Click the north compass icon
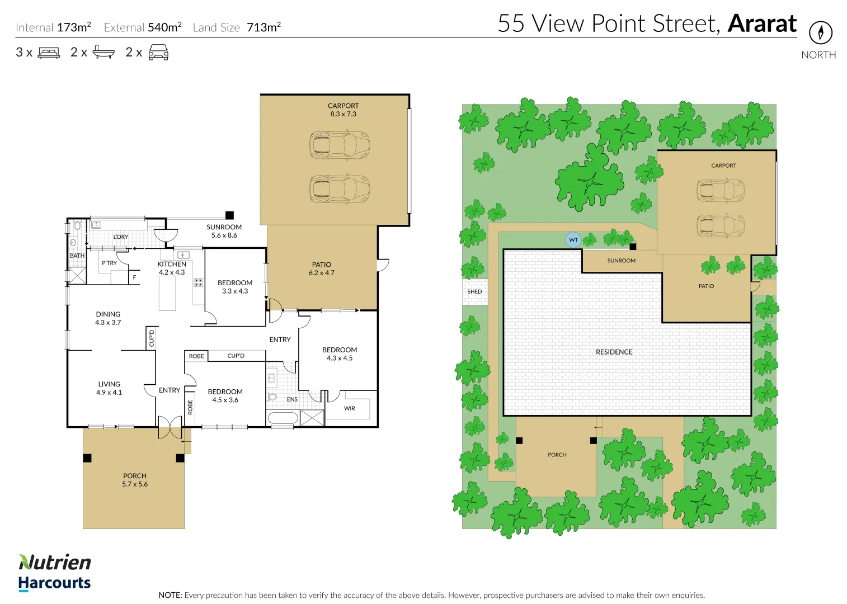pyautogui.click(x=820, y=32)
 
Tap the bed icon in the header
pyautogui.click(x=49, y=53)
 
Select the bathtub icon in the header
pyautogui.click(x=103, y=53)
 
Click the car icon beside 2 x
pyautogui.click(x=158, y=53)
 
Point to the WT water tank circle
pyautogui.click(x=573, y=240)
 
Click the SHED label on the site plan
pyautogui.click(x=474, y=292)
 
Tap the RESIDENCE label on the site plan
pyautogui.click(x=614, y=352)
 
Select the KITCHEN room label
pyautogui.click(x=172, y=268)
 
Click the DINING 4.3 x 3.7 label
pyautogui.click(x=108, y=318)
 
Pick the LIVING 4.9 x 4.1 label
pyautogui.click(x=109, y=388)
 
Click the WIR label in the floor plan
pyautogui.click(x=350, y=408)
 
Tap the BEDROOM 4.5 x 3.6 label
pyautogui.click(x=225, y=396)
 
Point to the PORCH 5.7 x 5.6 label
pyautogui.click(x=135, y=480)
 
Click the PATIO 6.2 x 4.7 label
pyautogui.click(x=321, y=268)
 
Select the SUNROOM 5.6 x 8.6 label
pyautogui.click(x=224, y=231)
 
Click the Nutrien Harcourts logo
pyautogui.click(x=54, y=572)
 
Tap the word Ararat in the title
pyautogui.click(x=762, y=23)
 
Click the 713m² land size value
pyautogui.click(x=263, y=27)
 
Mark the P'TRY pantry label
pyautogui.click(x=109, y=263)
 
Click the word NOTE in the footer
pyautogui.click(x=170, y=595)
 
